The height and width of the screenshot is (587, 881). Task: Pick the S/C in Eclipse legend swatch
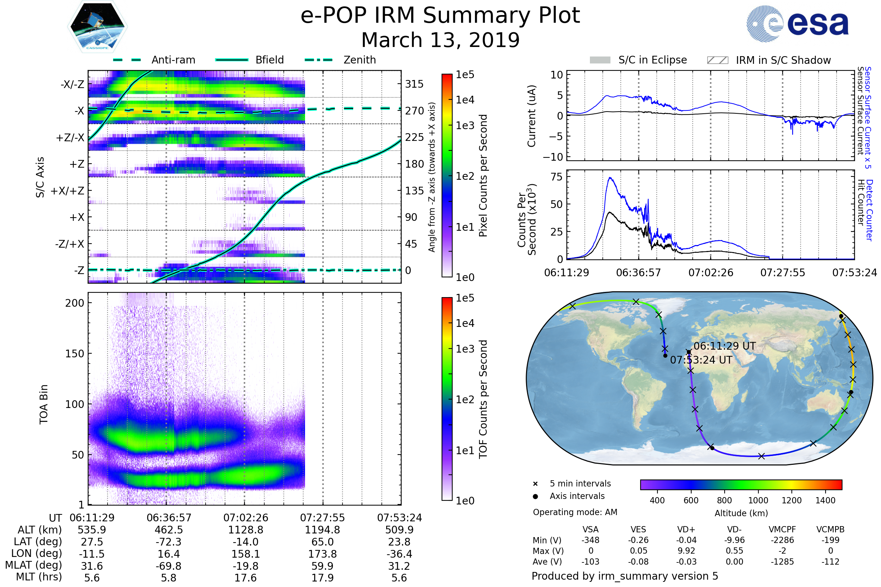point(600,60)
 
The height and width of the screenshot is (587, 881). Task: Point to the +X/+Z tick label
point(68,191)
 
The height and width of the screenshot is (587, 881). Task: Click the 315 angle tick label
point(414,84)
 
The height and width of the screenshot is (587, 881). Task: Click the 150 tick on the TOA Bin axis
point(75,354)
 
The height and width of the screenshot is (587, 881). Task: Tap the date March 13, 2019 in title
point(440,40)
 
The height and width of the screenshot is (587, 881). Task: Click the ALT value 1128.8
point(246,530)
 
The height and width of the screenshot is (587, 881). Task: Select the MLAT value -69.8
point(168,566)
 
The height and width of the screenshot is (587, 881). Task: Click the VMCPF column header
point(782,529)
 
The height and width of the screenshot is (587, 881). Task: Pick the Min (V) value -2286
point(782,540)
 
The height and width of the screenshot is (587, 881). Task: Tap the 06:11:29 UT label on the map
point(724,346)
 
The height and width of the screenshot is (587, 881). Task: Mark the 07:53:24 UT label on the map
point(701,360)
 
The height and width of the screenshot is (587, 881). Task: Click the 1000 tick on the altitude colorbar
point(758,500)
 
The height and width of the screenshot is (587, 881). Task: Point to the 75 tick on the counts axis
point(556,177)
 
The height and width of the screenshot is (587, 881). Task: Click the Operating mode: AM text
point(575,512)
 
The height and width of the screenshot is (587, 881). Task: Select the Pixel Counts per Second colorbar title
point(483,175)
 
